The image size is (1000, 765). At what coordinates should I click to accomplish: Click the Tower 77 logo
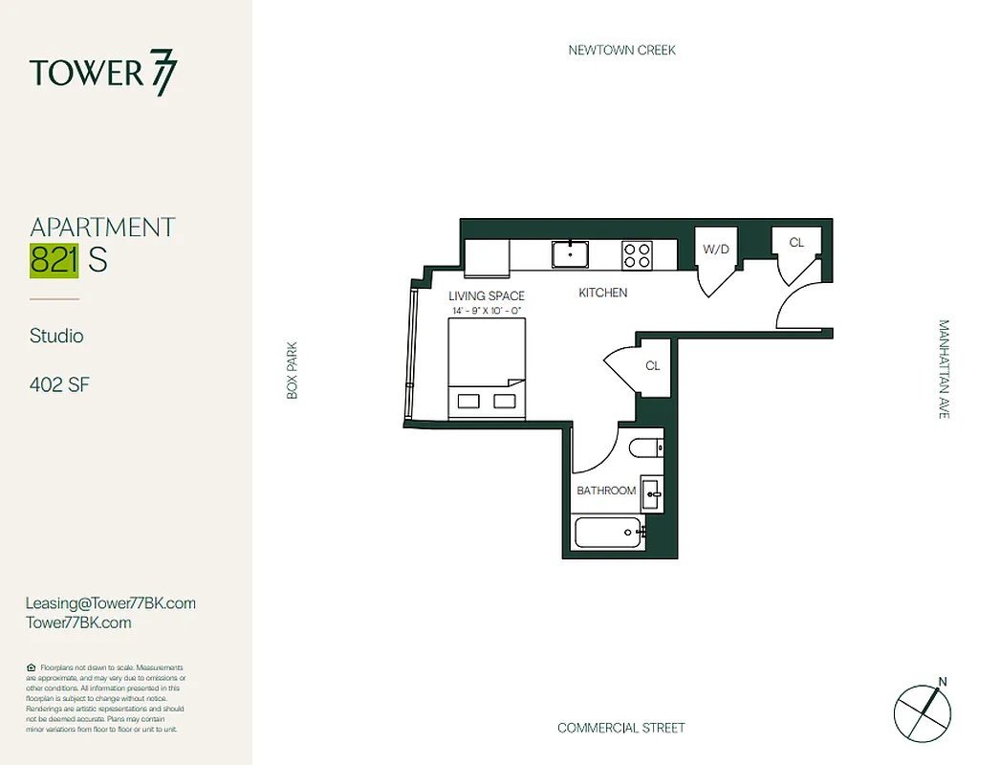[103, 74]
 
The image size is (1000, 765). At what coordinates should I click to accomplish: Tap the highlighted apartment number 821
[54, 260]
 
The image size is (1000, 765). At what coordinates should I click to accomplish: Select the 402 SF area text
[60, 385]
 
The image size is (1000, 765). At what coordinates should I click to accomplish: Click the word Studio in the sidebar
[56, 336]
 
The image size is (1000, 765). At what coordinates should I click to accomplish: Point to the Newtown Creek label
[621, 50]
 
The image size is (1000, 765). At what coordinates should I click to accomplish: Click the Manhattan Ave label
[945, 369]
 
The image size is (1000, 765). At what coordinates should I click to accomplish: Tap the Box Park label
[293, 370]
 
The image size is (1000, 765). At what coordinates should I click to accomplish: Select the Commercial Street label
[621, 728]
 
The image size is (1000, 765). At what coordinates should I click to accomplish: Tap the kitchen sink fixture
[571, 254]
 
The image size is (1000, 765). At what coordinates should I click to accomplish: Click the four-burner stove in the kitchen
[637, 254]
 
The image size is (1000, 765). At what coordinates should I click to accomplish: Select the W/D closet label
[715, 250]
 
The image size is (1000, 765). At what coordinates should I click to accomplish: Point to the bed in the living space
[487, 368]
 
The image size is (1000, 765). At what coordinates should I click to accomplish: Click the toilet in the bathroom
[646, 447]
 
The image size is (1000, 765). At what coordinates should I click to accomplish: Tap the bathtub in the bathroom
[608, 532]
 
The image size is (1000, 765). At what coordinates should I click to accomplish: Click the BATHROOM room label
[606, 491]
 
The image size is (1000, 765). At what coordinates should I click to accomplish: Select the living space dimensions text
[487, 311]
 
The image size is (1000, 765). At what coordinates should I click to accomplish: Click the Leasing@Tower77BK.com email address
[111, 602]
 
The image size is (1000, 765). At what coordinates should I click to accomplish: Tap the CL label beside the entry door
[796, 243]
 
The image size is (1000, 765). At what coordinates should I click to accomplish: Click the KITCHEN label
[603, 293]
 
